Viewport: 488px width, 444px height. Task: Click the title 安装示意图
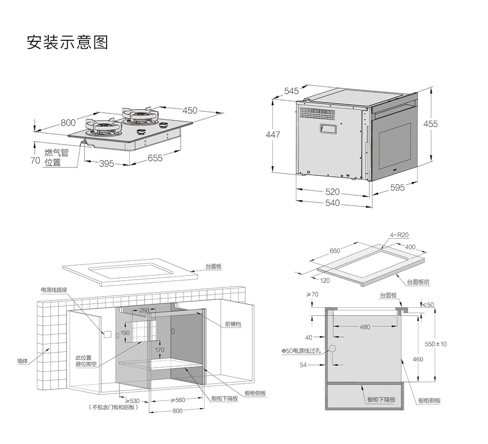pyautogui.click(x=67, y=42)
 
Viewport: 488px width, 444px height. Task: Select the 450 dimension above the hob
pyautogui.click(x=190, y=111)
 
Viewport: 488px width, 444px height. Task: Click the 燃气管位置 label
pyautogui.click(x=56, y=158)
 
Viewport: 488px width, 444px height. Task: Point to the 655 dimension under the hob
pyautogui.click(x=155, y=158)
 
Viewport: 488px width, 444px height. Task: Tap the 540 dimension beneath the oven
pyautogui.click(x=332, y=203)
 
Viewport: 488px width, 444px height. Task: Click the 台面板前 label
pyautogui.click(x=418, y=282)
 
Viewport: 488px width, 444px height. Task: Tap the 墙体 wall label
pyautogui.click(x=22, y=361)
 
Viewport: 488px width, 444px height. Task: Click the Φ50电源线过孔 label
pyautogui.click(x=301, y=351)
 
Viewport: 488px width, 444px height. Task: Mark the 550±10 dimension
pyautogui.click(x=436, y=344)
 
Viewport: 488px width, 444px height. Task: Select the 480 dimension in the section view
pyautogui.click(x=365, y=327)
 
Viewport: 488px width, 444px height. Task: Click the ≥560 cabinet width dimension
pyautogui.click(x=178, y=400)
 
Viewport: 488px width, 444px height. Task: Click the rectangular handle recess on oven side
pyautogui.click(x=327, y=129)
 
